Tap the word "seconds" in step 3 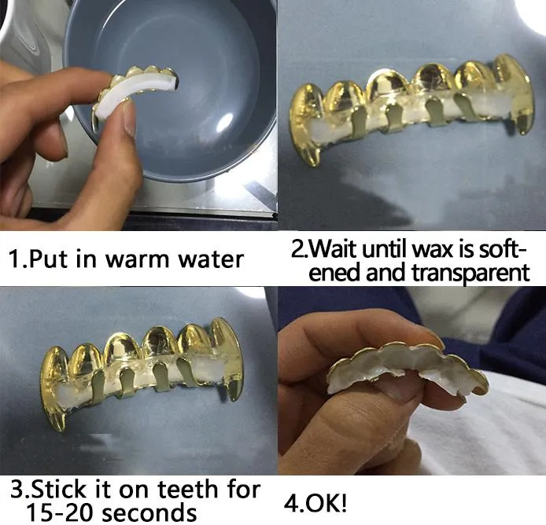point(153,512)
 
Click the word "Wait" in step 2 point(337,251)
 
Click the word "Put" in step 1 point(52,259)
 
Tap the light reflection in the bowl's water point(227,122)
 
